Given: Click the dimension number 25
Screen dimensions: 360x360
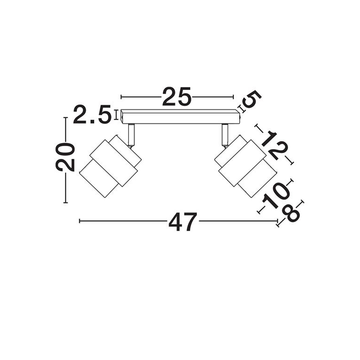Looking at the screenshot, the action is [177, 96].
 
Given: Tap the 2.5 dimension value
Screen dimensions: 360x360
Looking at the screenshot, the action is [92, 114].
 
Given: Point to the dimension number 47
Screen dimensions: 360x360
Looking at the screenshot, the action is [183, 222].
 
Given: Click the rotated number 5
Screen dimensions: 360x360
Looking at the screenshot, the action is [252, 99].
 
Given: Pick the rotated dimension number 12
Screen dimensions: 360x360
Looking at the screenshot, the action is [274, 145].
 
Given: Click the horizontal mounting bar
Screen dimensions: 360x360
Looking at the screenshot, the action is [180, 117].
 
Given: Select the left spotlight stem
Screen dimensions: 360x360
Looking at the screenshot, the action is [131, 135].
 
